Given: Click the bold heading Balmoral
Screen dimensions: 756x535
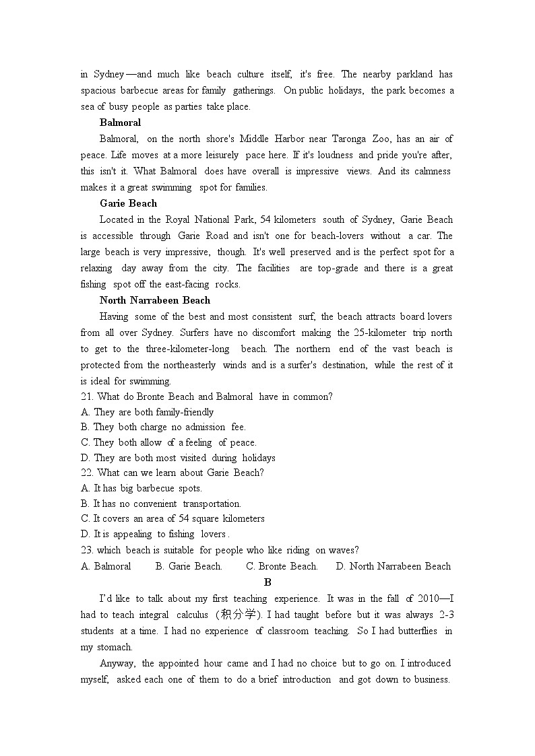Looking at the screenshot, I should pyautogui.click(x=120, y=123).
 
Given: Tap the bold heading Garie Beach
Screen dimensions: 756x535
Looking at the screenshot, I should pyautogui.click(x=128, y=203).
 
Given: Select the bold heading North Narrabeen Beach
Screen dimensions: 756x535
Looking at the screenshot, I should pyautogui.click(x=154, y=300).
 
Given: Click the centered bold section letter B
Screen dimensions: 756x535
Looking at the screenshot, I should pyautogui.click(x=267, y=582).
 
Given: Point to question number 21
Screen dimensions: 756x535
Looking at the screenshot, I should pyautogui.click(x=88, y=397).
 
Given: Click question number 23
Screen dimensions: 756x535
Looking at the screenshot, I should pyautogui.click(x=88, y=550).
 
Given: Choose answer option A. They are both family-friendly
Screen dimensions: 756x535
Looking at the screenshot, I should pyautogui.click(x=147, y=412).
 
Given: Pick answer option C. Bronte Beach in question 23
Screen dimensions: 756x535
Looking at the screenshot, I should pyautogui.click(x=282, y=566).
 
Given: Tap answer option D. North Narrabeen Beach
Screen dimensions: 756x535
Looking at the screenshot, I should pyautogui.click(x=394, y=566).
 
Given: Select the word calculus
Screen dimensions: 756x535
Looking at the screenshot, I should pyautogui.click(x=192, y=615).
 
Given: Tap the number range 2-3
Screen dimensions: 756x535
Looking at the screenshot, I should pyautogui.click(x=442, y=615).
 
